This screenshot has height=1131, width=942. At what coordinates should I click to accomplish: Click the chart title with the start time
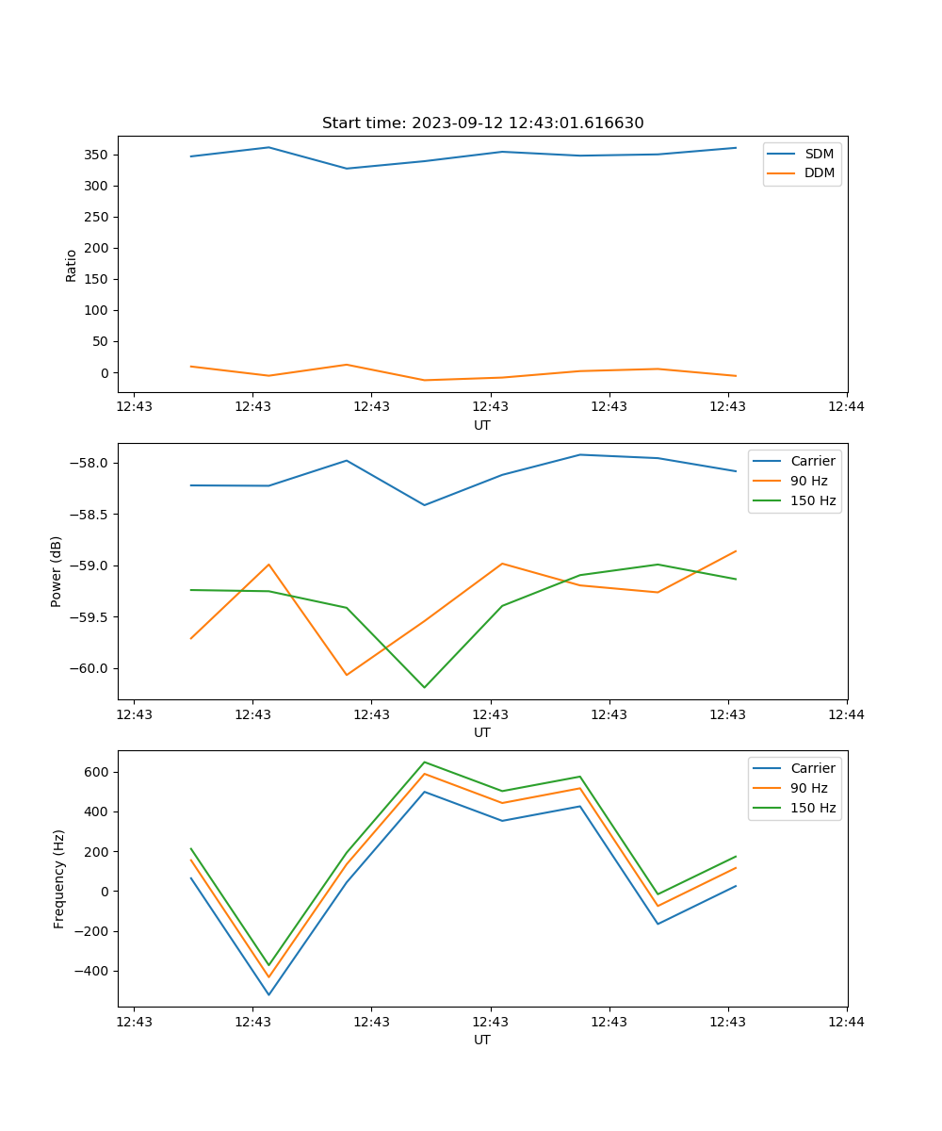point(482,123)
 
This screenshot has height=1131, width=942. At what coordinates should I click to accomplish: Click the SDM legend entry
point(819,154)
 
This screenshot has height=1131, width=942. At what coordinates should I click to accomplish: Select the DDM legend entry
point(820,172)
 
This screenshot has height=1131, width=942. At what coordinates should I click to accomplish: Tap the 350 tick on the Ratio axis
point(95,155)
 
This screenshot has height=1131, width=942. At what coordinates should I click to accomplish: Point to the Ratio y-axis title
point(72,265)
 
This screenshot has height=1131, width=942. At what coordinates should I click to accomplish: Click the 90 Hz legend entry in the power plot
point(808,481)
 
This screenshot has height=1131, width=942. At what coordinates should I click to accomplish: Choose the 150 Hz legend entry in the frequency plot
point(813,808)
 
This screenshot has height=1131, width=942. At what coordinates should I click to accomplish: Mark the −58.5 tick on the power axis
point(89,515)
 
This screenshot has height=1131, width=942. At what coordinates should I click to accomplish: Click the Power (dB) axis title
point(57,571)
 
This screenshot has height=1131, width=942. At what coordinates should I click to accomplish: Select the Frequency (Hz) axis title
point(59,878)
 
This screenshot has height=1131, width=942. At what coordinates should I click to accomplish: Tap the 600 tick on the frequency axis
point(95,772)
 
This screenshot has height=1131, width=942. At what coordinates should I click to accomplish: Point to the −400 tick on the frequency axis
point(90,972)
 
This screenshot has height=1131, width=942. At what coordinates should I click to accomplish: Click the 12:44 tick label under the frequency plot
point(846,1022)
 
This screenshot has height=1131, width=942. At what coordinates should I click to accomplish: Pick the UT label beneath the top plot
point(482,425)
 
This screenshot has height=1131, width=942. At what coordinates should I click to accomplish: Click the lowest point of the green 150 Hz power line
point(424,687)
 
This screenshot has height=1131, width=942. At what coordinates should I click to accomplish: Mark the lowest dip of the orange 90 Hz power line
point(347,675)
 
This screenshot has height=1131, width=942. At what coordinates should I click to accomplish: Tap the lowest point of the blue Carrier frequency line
point(268,994)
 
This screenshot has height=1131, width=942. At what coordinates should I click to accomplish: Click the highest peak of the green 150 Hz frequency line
point(424,762)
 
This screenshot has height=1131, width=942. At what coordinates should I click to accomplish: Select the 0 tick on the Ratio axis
point(104,373)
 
